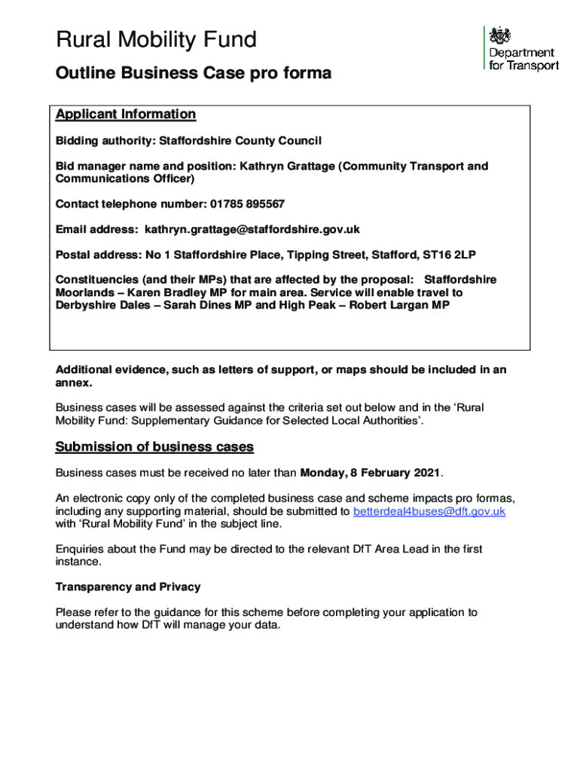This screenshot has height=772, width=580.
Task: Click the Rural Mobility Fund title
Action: pos(156,40)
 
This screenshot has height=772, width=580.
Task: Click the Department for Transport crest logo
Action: pos(500,36)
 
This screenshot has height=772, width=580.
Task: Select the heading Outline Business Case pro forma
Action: pos(193,74)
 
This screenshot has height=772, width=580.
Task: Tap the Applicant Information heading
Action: pos(125,115)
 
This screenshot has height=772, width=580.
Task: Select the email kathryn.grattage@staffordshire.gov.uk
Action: pos(252,229)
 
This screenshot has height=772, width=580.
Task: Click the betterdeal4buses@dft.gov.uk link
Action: pos(429,511)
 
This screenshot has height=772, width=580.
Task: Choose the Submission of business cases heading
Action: pos(154,447)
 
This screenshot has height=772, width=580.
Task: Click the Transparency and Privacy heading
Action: pos(128,587)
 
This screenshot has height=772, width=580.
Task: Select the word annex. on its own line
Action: pos(74,382)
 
